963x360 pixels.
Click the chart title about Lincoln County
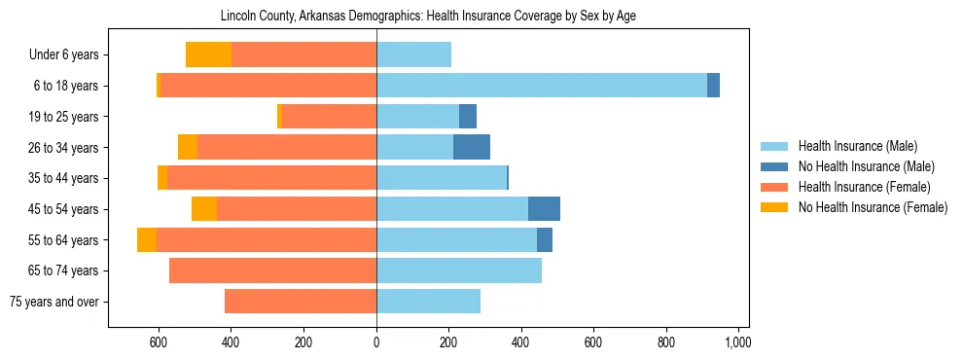point(428,17)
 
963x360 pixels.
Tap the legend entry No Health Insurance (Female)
point(873,207)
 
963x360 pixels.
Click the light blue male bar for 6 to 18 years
point(541,86)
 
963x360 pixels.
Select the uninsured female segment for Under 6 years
point(208,55)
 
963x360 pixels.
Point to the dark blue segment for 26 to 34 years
point(472,147)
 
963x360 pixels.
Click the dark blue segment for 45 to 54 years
point(544,209)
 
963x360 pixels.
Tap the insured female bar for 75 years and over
point(301,302)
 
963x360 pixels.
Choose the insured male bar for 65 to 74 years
point(459,270)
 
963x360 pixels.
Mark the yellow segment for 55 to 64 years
point(147,240)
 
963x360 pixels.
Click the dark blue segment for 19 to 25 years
point(468,117)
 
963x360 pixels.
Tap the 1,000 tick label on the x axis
point(737,342)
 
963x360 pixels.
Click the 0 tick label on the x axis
point(376,342)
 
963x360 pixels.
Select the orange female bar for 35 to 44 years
point(271,178)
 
